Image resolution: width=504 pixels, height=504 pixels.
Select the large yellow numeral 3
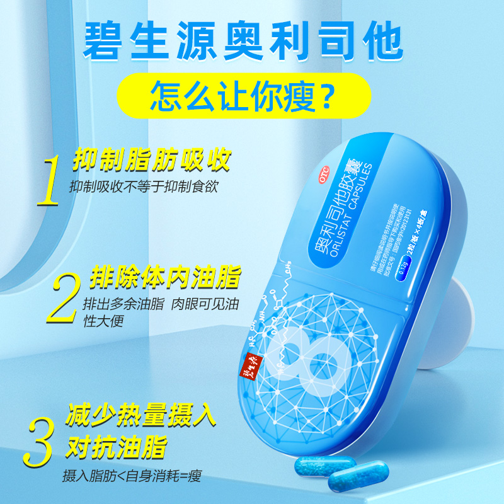[39, 436]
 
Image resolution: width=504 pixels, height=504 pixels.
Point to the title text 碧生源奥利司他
[251, 38]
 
